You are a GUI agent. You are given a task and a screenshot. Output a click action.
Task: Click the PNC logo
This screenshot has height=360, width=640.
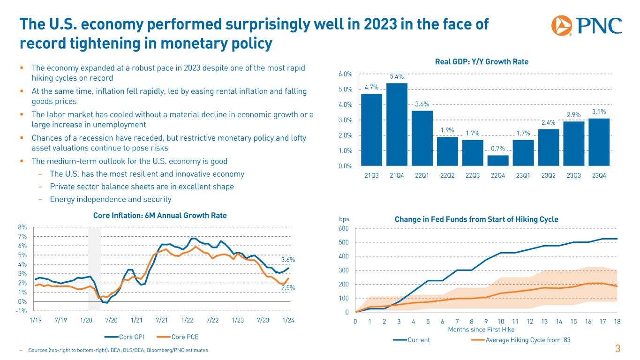(x=587, y=26)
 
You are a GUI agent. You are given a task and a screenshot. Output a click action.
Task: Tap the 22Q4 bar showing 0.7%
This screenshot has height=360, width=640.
(x=497, y=160)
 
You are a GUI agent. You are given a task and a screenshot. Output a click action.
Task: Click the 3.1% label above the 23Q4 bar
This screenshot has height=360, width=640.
(x=599, y=112)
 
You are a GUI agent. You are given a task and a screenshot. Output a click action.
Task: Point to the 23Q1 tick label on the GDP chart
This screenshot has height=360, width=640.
(x=523, y=175)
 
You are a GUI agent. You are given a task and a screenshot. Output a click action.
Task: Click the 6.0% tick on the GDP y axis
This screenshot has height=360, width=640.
(x=345, y=74)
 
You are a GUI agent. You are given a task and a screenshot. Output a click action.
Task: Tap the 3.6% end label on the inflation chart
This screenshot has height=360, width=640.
(x=288, y=259)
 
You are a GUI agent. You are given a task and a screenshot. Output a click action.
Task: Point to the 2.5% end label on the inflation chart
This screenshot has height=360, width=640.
(x=288, y=288)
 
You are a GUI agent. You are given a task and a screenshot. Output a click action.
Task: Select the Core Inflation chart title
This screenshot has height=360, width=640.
(x=160, y=216)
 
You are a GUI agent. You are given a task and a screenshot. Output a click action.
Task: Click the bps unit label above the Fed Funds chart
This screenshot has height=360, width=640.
(x=345, y=219)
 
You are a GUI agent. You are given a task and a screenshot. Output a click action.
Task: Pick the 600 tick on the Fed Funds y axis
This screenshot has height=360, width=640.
(x=345, y=228)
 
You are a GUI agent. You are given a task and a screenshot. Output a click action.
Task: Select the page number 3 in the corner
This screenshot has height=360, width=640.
(x=617, y=349)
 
